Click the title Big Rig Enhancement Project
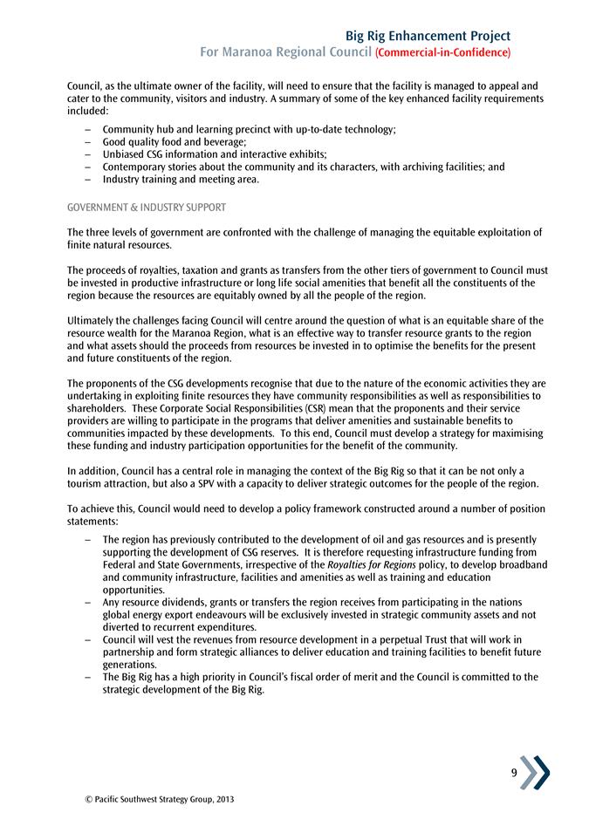point(428,36)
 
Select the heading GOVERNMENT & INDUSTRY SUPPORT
point(147,207)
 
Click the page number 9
point(515,773)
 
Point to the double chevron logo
point(535,772)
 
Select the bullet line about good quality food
point(175,141)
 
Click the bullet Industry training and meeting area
point(181,179)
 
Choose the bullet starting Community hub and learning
point(249,129)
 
